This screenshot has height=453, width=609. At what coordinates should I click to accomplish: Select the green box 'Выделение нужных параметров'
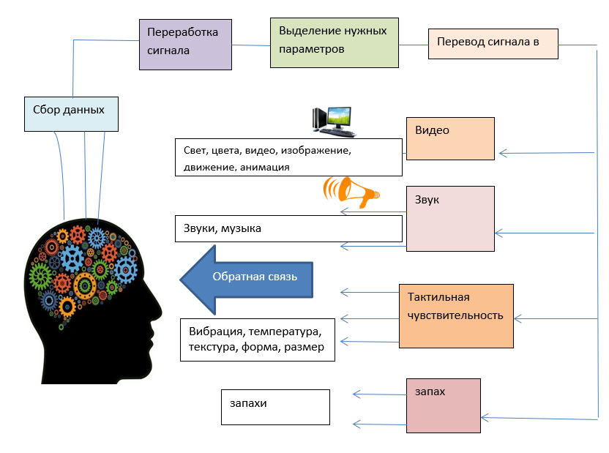click(335, 42)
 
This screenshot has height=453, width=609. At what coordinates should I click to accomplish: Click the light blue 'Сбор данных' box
click(70, 113)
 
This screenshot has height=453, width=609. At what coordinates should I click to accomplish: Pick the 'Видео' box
click(450, 138)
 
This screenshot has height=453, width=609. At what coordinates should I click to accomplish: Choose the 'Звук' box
click(450, 219)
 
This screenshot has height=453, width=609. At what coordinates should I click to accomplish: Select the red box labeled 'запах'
click(444, 405)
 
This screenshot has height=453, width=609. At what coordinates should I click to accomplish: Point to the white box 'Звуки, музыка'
click(288, 228)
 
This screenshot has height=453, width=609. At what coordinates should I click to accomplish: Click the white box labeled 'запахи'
click(275, 407)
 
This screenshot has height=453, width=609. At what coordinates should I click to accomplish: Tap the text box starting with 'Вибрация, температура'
click(257, 340)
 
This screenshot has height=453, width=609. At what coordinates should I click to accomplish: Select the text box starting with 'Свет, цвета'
click(288, 157)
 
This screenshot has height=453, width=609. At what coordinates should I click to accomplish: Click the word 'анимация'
click(264, 167)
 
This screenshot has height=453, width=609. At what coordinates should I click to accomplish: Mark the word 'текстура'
click(212, 347)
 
